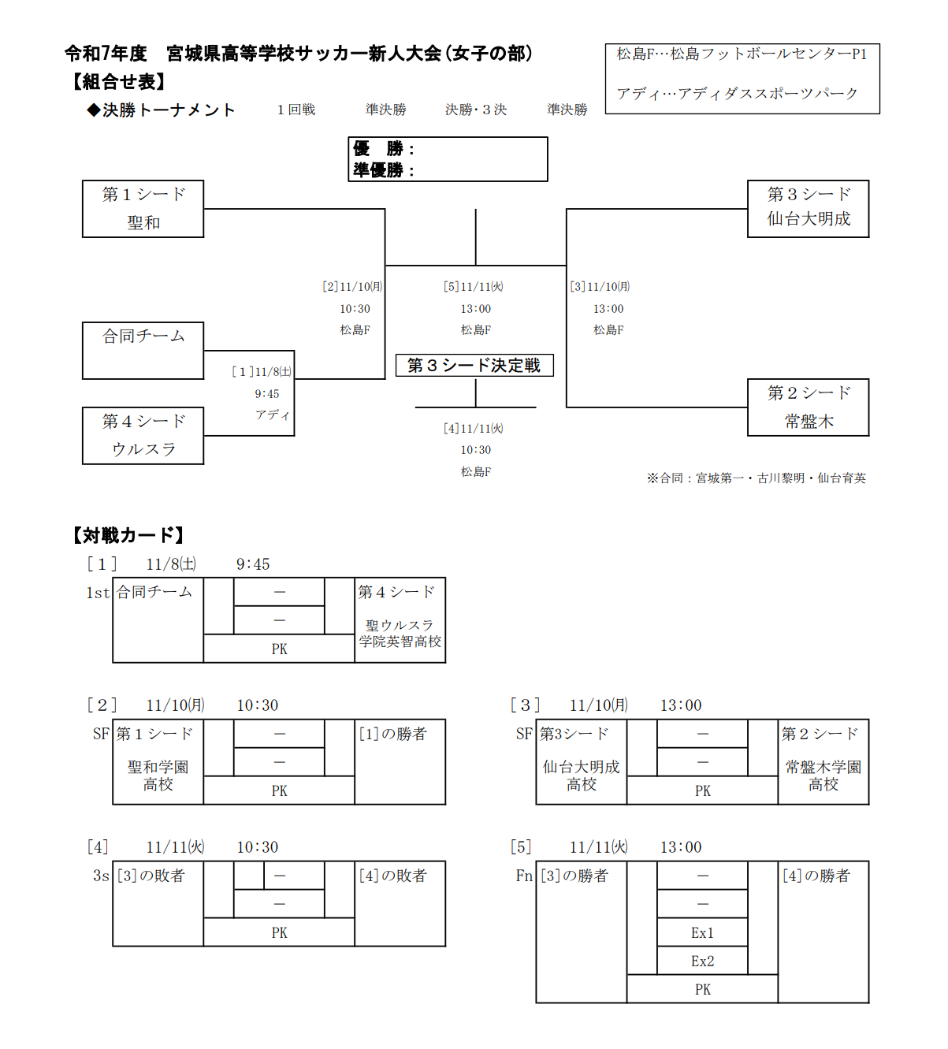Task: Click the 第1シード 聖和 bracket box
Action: (143, 209)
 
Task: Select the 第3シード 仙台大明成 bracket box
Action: (808, 209)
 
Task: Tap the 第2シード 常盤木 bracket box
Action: (808, 407)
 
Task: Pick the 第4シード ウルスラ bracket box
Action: (143, 436)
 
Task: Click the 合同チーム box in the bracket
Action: (143, 350)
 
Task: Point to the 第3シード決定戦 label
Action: (474, 365)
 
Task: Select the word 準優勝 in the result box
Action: (378, 170)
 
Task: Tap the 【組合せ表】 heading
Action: (119, 82)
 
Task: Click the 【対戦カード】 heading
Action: (128, 536)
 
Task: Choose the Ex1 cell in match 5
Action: (702, 933)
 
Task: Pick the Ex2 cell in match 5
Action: (702, 962)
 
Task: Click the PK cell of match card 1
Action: (279, 649)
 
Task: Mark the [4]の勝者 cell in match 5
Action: (816, 876)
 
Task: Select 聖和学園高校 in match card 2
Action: (158, 776)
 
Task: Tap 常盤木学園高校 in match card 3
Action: (823, 776)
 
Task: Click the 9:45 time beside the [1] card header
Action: (253, 564)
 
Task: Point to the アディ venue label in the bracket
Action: (272, 415)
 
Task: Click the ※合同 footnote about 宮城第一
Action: (756, 478)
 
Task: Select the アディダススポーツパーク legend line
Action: (737, 94)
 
